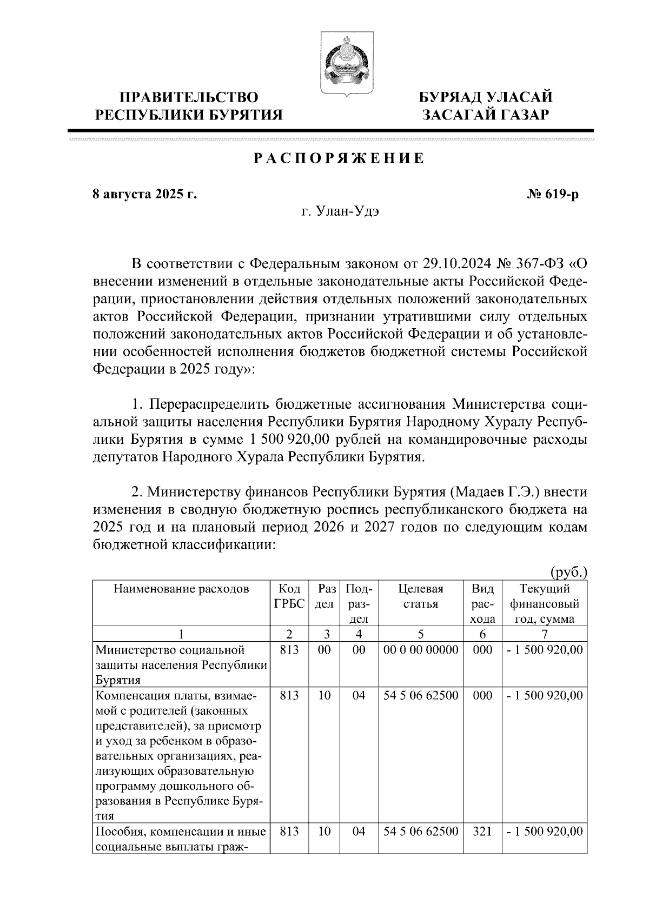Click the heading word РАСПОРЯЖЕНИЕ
point(339,158)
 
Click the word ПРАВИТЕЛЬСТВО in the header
point(189,98)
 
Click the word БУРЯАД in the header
point(451,98)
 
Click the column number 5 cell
point(420,634)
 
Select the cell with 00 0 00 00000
point(420,650)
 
